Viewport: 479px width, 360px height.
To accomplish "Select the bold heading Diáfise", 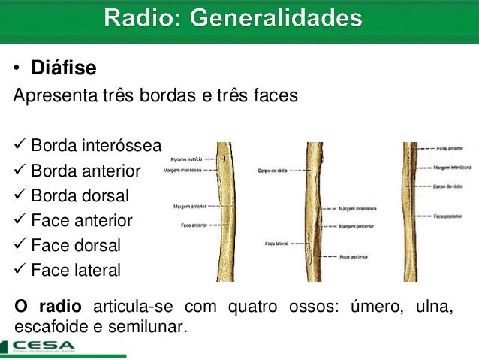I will (63, 69).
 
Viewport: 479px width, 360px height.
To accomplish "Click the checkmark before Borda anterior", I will (20, 171).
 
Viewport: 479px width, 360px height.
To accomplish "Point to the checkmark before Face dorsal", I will (20, 244).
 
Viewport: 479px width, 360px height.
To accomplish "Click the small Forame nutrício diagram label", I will (188, 160).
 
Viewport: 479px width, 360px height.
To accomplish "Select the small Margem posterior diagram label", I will (356, 226).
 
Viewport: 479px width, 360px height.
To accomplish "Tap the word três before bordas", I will (110, 97).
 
